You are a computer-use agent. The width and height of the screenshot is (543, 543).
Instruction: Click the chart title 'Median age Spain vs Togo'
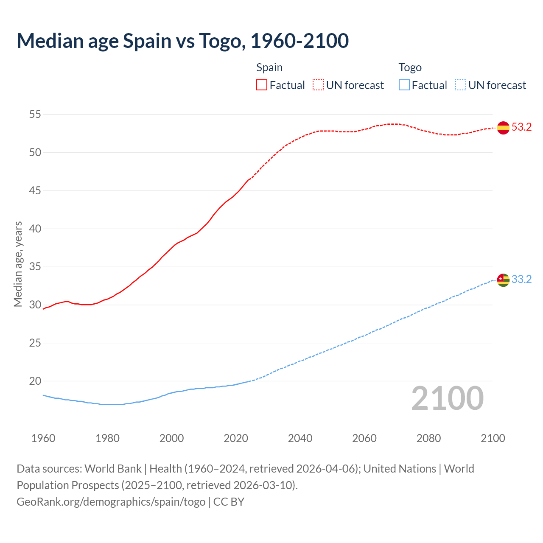click(182, 41)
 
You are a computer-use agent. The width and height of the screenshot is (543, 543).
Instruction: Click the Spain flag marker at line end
click(503, 127)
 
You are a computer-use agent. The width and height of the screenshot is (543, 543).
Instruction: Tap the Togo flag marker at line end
click(503, 280)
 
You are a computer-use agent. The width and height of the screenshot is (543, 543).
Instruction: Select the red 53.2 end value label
click(521, 127)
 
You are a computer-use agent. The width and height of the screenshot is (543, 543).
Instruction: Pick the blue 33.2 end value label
click(521, 280)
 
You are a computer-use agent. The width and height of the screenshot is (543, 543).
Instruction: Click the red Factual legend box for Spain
click(262, 85)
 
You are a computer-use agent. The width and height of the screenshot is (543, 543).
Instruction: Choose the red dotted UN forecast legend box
click(318, 85)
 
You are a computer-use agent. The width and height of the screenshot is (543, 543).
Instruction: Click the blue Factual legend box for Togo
click(404, 85)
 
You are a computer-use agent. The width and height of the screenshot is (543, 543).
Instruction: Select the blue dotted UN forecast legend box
click(461, 85)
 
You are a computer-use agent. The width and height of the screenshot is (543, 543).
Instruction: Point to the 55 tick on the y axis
click(35, 115)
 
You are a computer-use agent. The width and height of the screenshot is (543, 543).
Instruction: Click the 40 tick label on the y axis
click(35, 229)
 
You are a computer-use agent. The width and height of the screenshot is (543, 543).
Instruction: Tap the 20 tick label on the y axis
click(35, 381)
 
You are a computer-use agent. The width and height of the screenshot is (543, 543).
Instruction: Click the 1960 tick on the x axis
click(43, 438)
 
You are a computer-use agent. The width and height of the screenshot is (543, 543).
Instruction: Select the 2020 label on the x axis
click(236, 438)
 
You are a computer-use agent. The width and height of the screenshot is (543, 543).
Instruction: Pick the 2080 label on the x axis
click(428, 438)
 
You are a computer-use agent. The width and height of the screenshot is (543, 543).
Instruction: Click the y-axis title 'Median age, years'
click(18, 264)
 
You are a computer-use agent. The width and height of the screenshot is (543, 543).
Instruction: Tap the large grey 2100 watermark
click(447, 398)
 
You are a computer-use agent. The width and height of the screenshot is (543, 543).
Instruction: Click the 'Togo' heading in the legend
click(410, 67)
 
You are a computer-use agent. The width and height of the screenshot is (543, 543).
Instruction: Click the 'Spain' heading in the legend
click(269, 67)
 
